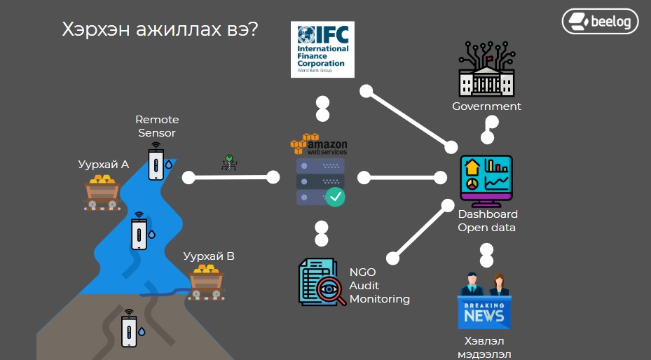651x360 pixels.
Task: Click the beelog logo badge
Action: [600, 21]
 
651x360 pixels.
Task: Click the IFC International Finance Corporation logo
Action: [322, 49]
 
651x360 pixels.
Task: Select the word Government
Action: [486, 106]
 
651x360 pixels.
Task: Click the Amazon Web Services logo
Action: [319, 145]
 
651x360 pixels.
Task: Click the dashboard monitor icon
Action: [486, 179]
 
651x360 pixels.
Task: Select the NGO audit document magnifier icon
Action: [322, 282]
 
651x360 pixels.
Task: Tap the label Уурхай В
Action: [209, 256]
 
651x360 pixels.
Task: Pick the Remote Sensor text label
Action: [157, 126]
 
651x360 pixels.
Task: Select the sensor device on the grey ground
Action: [129, 329]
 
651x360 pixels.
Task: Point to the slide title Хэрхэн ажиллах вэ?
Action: [160, 29]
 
